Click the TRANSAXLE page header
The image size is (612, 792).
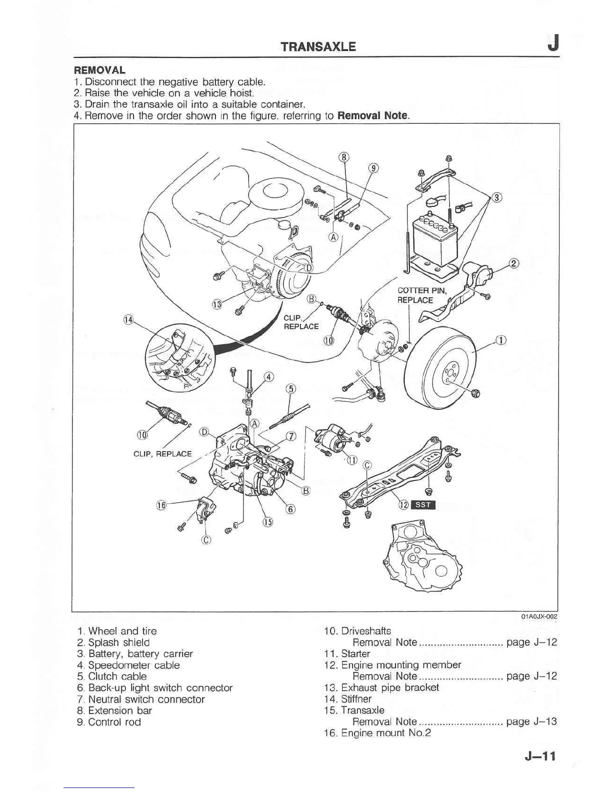[x=318, y=46]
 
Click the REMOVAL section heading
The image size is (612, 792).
[x=99, y=70]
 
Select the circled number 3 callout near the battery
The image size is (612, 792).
[x=496, y=197]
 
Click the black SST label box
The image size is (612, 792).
[x=423, y=504]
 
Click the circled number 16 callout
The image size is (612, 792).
[x=161, y=505]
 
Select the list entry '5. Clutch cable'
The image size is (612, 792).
[x=112, y=676]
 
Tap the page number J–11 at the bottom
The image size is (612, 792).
[x=540, y=756]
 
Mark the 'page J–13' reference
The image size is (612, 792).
[x=531, y=721]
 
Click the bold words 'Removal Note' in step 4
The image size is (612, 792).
[x=373, y=116]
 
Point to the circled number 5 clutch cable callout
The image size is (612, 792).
[x=290, y=389]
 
